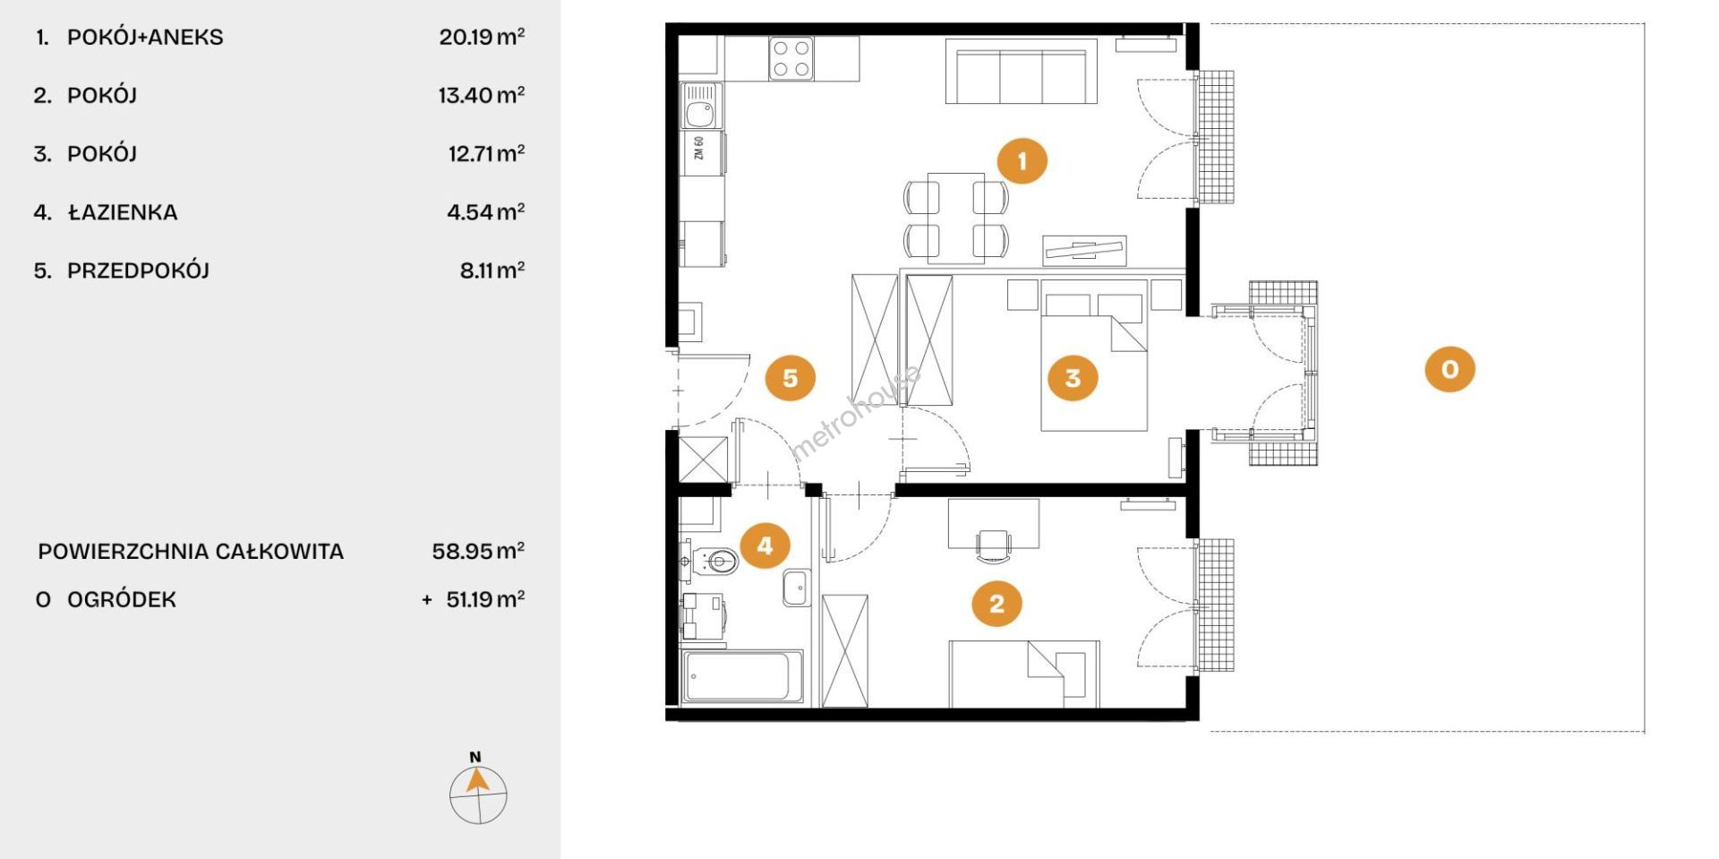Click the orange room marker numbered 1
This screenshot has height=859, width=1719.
(1022, 161)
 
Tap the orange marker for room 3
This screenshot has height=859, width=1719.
(1073, 378)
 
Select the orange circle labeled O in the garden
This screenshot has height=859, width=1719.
(1450, 369)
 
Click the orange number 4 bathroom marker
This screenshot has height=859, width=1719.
(765, 545)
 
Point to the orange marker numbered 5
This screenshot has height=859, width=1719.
(790, 378)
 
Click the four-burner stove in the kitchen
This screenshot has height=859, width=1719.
(791, 58)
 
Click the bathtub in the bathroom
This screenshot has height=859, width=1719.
(742, 676)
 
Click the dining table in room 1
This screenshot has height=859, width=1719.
(956, 218)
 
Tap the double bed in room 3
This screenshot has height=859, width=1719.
(1094, 355)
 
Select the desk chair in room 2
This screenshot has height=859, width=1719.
(994, 545)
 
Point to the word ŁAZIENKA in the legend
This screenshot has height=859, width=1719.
(123, 212)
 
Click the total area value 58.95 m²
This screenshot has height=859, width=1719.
(478, 551)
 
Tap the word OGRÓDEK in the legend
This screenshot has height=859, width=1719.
(122, 599)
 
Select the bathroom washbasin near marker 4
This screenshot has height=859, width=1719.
(796, 588)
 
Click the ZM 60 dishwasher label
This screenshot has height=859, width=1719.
(699, 148)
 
